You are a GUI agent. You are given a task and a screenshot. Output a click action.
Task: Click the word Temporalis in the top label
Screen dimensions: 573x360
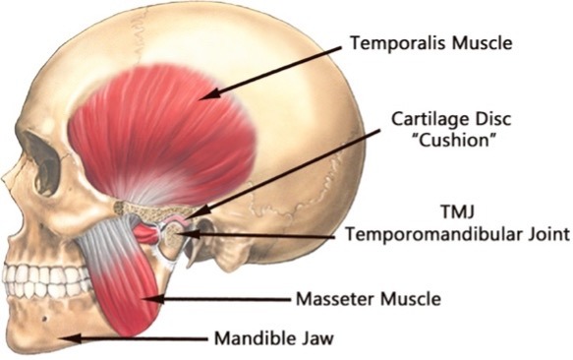[x=398, y=43]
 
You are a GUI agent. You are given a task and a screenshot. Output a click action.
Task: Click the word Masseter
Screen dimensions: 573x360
[x=335, y=299]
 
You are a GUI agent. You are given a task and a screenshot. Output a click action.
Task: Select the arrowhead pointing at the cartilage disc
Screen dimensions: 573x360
[x=200, y=211]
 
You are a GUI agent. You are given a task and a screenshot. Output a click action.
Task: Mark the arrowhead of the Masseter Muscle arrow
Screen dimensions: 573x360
[x=152, y=299]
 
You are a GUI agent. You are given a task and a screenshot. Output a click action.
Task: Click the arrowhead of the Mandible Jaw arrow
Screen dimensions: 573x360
[x=72, y=338]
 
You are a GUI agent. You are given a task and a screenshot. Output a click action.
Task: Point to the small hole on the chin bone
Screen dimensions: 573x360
[x=44, y=319]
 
